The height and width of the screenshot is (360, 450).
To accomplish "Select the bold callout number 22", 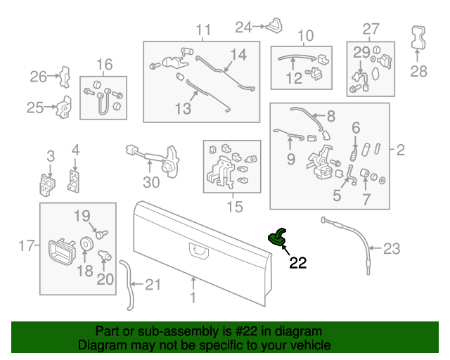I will coord(298,264).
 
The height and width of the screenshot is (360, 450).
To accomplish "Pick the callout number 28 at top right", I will coord(418,71).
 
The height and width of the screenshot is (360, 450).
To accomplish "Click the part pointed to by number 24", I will coord(274,26).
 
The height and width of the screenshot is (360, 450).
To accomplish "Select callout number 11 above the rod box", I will coord(203,30).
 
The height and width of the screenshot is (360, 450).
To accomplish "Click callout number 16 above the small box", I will coord(104,65).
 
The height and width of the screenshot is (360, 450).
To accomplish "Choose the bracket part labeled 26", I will coord(64,75).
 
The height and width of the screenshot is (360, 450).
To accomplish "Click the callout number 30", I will coord(151,182).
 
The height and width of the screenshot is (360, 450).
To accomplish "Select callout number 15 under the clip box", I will coord(234,207).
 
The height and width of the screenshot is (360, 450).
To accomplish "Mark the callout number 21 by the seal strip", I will coord(153,285).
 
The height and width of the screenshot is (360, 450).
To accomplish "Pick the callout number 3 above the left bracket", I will coord(50,155).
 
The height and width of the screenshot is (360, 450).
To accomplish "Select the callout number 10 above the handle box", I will coord(305,36).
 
